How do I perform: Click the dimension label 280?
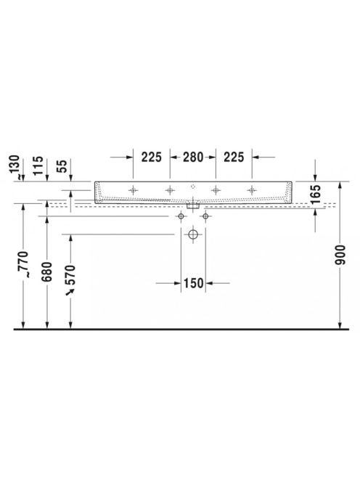pos(193,157)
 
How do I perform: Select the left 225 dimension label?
pos(151,157)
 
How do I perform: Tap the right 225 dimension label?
pos(234,157)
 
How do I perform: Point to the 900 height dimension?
pos(340,255)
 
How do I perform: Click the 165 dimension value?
pos(316,195)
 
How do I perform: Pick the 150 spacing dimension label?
pos(193,283)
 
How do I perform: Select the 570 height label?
pos(70,274)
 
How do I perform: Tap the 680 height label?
pos(47,271)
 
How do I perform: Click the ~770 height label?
pos(24,264)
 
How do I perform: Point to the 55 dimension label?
pos(62,166)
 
